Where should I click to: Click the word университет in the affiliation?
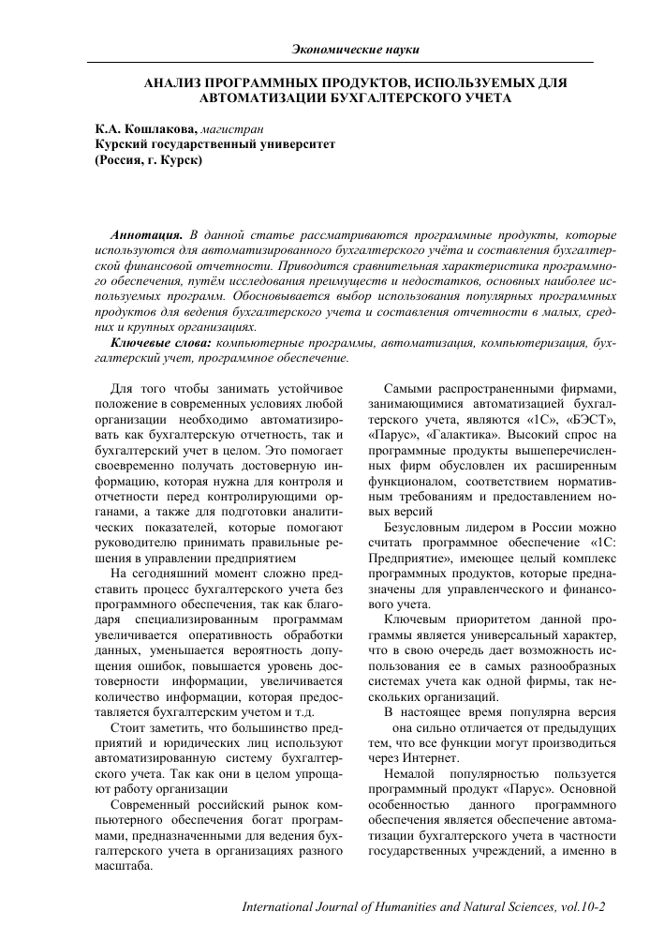coord(286,144)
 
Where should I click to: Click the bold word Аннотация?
coord(145,232)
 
